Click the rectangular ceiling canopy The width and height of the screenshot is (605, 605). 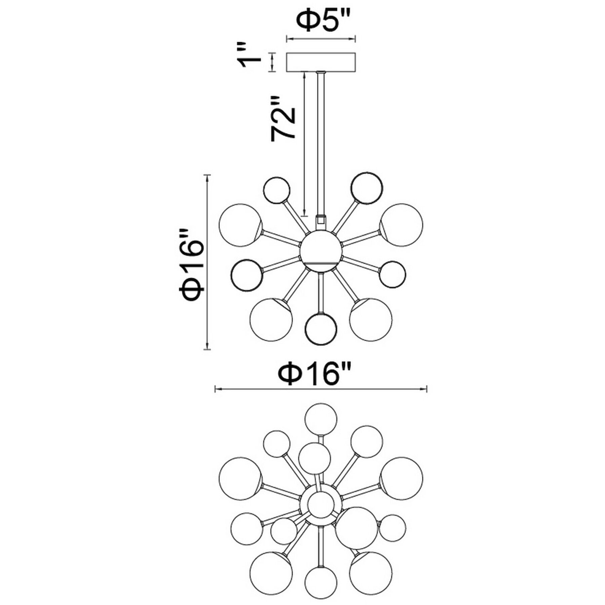click(321, 62)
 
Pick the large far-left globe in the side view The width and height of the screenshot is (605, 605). click(240, 225)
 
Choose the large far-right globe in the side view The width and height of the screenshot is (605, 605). click(401, 225)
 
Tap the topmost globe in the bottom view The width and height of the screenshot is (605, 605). click(321, 419)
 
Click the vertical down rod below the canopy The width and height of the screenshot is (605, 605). click(321, 141)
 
